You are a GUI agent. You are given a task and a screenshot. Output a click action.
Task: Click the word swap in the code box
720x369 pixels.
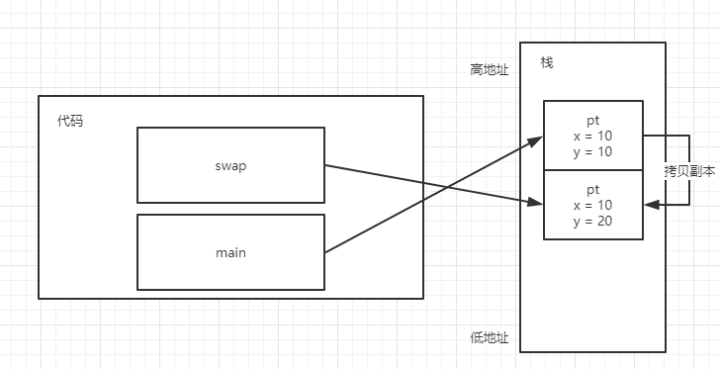coord(230,165)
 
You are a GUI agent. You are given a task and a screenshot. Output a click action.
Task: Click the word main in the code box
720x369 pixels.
coord(230,252)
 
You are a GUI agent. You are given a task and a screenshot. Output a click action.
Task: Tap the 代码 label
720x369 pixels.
coord(70,121)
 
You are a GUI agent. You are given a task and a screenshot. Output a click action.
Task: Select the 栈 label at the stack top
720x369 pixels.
coord(547,62)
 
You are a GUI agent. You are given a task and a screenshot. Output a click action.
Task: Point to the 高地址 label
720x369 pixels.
coord(489,70)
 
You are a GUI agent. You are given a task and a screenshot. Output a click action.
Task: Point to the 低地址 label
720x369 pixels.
coord(489,337)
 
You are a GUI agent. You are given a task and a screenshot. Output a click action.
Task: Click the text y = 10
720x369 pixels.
coord(592,151)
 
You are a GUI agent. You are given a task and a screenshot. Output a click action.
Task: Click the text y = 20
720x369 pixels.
coord(592,220)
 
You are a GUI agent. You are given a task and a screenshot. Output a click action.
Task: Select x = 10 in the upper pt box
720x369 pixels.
coord(592,136)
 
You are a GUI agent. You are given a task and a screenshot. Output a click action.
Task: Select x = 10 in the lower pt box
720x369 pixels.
coord(592,204)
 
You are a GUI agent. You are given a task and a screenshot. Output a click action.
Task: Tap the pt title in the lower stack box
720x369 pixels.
coord(592,188)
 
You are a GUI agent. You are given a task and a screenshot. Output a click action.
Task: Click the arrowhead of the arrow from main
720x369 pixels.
coord(538,139)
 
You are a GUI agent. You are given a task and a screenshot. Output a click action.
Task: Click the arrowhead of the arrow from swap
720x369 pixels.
coord(538,205)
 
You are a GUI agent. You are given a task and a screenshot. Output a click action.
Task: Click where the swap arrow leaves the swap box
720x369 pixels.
coord(325,165)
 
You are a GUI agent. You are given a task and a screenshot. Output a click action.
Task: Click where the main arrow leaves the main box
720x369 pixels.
coord(325,252)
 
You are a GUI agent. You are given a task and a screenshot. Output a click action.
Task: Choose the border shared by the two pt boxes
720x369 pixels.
coord(592,170)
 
